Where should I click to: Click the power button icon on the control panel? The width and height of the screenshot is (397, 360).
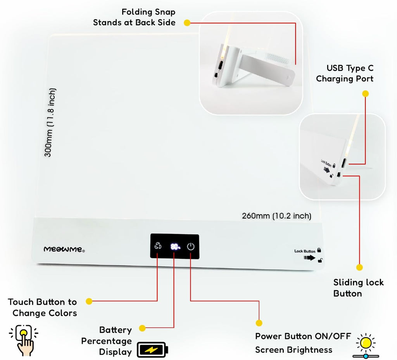pyautogui.click(x=191, y=246)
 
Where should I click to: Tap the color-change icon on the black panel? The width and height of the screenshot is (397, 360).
pyautogui.click(x=158, y=246)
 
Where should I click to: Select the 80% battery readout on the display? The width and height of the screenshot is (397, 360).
pyautogui.click(x=175, y=246)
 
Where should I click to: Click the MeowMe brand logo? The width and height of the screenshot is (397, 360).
pyautogui.click(x=64, y=249)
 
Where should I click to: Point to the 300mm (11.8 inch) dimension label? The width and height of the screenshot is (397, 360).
pyautogui.click(x=50, y=122)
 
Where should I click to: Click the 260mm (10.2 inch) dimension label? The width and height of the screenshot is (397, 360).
pyautogui.click(x=276, y=216)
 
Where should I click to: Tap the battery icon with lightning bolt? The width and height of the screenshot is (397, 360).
pyautogui.click(x=152, y=350)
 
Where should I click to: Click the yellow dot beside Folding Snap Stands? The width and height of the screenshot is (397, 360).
pyautogui.click(x=187, y=23)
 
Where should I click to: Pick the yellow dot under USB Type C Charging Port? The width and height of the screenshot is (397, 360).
pyautogui.click(x=365, y=94)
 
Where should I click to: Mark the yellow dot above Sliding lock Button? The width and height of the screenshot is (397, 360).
pyautogui.click(x=359, y=267)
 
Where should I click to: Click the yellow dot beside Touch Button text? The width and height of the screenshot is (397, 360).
pyautogui.click(x=89, y=301)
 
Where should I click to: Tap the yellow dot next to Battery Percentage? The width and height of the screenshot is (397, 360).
pyautogui.click(x=142, y=328)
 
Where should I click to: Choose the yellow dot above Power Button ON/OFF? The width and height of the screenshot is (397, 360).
pyautogui.click(x=259, y=323)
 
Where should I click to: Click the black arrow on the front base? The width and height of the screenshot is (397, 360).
pyautogui.click(x=310, y=258)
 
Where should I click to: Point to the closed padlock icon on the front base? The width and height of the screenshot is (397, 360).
pyautogui.click(x=319, y=250)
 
